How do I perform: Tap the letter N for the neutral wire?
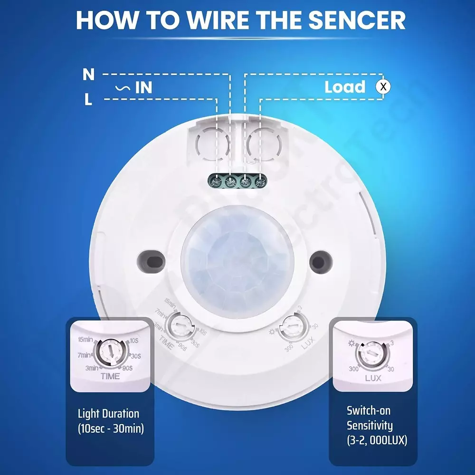tap(88, 75)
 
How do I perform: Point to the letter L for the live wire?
tap(88, 100)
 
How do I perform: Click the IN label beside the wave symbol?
tap(143, 87)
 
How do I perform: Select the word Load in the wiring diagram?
tap(345, 87)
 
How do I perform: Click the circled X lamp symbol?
tap(383, 87)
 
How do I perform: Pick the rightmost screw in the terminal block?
tap(259, 181)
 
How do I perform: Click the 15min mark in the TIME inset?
tap(85, 339)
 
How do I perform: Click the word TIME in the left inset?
tap(110, 376)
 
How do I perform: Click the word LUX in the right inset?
tap(373, 379)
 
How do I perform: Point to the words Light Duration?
tap(108, 413)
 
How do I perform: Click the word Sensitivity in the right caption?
tap(370, 425)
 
